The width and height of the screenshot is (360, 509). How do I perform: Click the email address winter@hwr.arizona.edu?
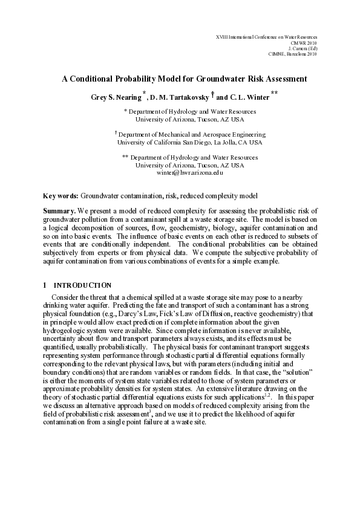(x=189, y=172)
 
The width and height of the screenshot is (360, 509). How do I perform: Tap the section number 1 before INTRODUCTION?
(x=44, y=284)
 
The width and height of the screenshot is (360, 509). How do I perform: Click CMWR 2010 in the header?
(x=305, y=43)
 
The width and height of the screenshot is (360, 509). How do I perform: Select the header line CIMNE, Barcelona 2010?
(x=292, y=54)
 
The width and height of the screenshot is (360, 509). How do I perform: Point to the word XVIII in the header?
(x=221, y=37)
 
